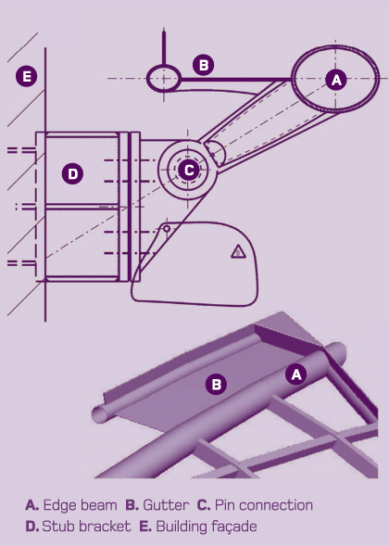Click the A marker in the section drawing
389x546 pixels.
[336, 80]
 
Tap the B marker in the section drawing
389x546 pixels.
[204, 65]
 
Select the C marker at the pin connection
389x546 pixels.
[188, 170]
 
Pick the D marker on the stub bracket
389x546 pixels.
[72, 173]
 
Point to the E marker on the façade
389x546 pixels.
[27, 76]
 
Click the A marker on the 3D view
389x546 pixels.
[296, 375]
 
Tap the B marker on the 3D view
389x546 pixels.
[216, 384]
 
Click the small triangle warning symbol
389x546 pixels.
[238, 251]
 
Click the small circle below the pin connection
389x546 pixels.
[167, 229]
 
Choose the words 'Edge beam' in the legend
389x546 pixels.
[80, 505]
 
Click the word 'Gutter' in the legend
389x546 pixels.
[166, 505]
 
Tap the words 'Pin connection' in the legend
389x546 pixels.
[264, 505]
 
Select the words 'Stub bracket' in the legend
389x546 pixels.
[86, 527]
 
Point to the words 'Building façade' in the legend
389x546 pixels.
[207, 527]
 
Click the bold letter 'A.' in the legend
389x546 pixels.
[31, 505]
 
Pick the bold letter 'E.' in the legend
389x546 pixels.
[145, 527]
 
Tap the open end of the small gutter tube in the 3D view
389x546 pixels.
[100, 414]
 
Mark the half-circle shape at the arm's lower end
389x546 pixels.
[216, 153]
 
